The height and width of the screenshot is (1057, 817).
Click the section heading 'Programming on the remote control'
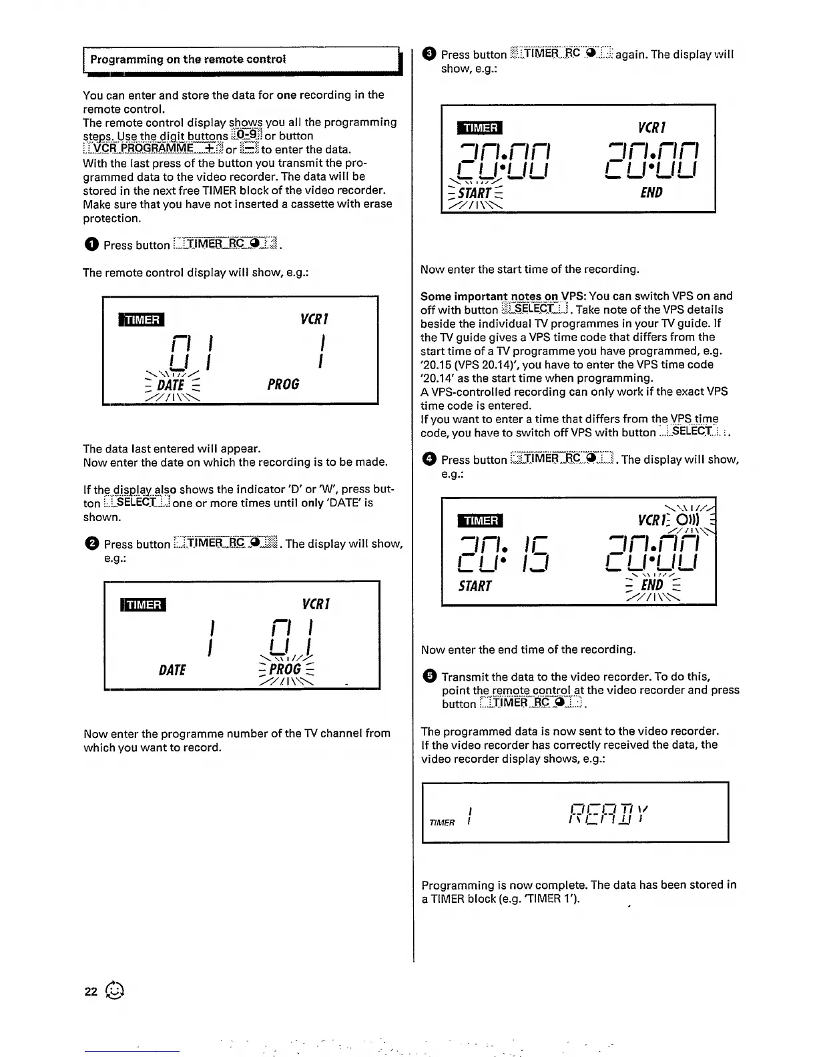pyautogui.click(x=188, y=59)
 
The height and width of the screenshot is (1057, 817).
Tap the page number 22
pyautogui.click(x=91, y=992)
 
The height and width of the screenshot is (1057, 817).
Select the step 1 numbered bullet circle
pyautogui.click(x=91, y=245)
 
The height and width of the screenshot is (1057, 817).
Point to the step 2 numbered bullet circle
pyautogui.click(x=91, y=544)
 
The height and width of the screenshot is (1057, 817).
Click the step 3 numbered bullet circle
pyautogui.click(x=429, y=54)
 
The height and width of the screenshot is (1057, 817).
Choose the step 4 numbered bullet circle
pyautogui.click(x=429, y=459)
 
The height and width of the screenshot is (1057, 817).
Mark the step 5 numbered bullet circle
pyautogui.click(x=429, y=676)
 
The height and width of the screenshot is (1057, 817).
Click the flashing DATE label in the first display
pyautogui.click(x=171, y=385)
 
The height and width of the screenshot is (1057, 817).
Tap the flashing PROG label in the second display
pyautogui.click(x=285, y=669)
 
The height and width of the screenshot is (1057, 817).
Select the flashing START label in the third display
pyautogui.click(x=475, y=194)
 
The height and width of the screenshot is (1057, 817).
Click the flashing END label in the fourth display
pyautogui.click(x=651, y=585)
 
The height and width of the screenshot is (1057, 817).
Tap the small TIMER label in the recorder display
pyautogui.click(x=442, y=823)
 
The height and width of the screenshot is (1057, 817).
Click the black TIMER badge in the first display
pyautogui.click(x=142, y=320)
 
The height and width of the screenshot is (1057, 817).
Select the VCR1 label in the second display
pyautogui.click(x=315, y=604)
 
